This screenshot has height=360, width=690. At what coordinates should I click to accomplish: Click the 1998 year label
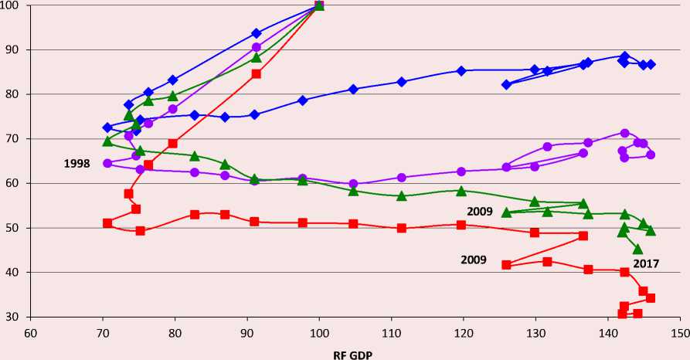coord(77,164)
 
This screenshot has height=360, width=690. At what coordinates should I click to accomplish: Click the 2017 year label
coord(646,263)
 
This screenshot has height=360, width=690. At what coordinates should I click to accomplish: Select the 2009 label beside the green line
coord(480,210)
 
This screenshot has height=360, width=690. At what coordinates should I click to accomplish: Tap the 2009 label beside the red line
coord(474,260)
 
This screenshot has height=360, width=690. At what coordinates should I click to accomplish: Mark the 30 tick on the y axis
coord(15,317)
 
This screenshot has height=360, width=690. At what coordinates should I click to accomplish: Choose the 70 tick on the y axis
coord(15,139)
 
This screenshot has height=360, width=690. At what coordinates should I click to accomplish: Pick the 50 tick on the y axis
coord(15,228)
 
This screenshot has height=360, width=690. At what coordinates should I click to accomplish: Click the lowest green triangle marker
coord(637,249)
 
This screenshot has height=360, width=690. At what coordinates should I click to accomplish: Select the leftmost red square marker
coord(107,222)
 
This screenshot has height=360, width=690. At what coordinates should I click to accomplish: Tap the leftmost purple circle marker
coord(107,163)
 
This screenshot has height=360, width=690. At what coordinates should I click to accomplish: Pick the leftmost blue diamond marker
coord(107,127)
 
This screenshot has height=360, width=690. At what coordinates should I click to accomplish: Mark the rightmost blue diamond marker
coord(651,64)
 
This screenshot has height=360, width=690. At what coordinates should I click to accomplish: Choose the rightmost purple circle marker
coord(651,155)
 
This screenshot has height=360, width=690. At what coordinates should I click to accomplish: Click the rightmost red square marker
coord(651,298)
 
